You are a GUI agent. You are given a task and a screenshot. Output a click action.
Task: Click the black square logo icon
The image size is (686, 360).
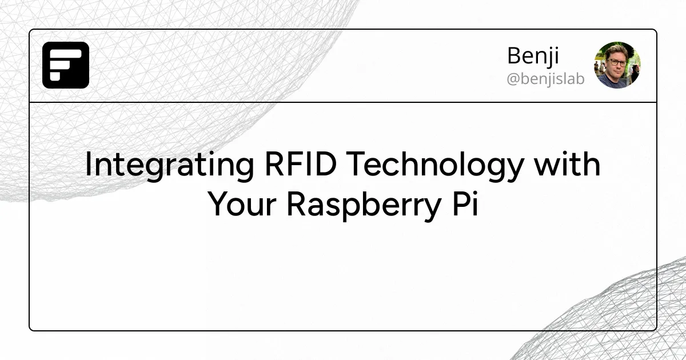pos(66,65)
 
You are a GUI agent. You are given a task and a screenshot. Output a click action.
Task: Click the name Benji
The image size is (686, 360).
pos(533,56)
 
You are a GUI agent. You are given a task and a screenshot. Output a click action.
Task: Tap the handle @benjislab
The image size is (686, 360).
pos(545,79)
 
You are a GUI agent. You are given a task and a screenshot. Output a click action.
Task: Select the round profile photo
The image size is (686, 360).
pos(617,65)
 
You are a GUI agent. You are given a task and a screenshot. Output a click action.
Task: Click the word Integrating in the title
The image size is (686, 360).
pos(169,165)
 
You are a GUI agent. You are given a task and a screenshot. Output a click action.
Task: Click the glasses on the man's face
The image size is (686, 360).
pos(615,62)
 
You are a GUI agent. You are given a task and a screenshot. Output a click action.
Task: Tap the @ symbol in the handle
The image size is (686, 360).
pos(513,79)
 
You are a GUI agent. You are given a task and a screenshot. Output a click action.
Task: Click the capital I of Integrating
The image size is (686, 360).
pos(88,165)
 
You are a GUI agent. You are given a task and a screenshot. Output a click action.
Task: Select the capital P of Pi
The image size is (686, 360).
pos(457,204)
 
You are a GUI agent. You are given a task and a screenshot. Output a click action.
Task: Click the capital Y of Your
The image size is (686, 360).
pos(218,204)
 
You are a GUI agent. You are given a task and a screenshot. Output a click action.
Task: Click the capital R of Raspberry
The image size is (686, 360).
pos(297,204)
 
